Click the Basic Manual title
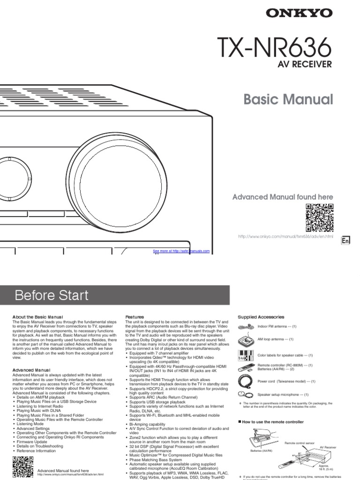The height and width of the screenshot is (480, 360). point(288,99)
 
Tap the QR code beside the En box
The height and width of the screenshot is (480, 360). point(320,217)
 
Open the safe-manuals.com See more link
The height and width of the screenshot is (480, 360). point(181,251)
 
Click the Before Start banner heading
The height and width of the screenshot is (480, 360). point(52,295)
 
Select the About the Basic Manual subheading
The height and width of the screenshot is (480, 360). point(37,317)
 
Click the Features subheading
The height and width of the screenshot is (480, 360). point(135,317)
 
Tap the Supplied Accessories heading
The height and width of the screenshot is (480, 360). point(261,317)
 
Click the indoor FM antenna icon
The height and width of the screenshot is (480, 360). point(247,326)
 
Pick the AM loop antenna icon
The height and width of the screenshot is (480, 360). point(247,340)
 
